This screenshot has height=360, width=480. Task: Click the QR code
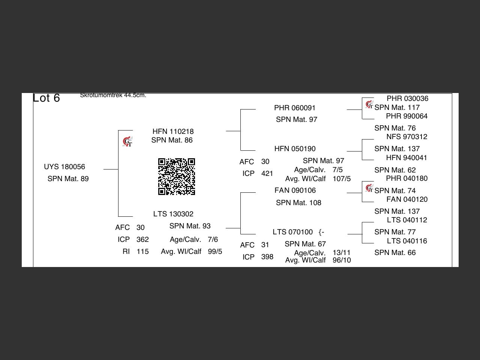(x=176, y=177)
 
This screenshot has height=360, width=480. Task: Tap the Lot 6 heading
(x=46, y=98)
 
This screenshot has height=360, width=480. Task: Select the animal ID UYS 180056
(x=64, y=167)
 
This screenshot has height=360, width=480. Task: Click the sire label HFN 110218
(x=173, y=132)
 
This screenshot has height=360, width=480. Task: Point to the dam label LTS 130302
(x=173, y=214)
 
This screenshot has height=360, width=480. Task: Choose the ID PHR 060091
(x=295, y=108)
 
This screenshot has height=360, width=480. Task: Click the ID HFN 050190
(x=295, y=149)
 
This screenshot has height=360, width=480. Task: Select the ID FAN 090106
(x=295, y=190)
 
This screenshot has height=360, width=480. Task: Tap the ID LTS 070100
(x=292, y=232)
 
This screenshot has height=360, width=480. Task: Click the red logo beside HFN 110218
(x=127, y=142)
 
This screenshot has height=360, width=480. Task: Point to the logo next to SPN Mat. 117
(x=369, y=104)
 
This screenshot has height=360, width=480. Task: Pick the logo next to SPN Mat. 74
(x=369, y=187)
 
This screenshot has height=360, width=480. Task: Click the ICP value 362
(x=142, y=240)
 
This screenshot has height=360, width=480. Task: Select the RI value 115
(x=142, y=252)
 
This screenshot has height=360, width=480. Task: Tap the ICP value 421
(x=267, y=174)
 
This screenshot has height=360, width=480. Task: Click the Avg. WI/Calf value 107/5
(x=342, y=179)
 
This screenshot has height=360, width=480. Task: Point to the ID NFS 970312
(x=406, y=137)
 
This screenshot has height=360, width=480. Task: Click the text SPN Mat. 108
(x=298, y=203)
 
